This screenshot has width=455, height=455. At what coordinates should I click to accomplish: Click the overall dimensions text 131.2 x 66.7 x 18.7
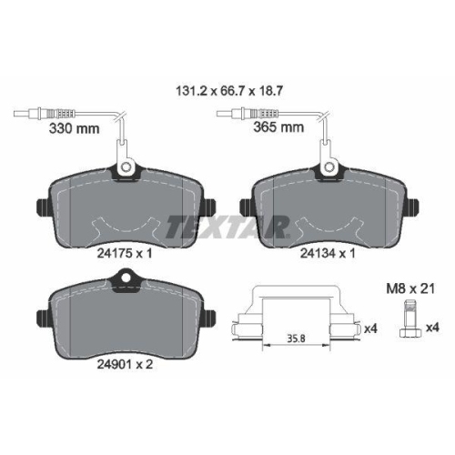pyautogui.click(x=229, y=91)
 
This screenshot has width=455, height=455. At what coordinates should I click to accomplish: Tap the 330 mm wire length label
pyautogui.click(x=74, y=128)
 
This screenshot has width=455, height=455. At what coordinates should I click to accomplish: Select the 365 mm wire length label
pyautogui.click(x=278, y=127)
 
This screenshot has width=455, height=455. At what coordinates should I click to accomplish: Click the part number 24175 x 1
pyautogui.click(x=125, y=253)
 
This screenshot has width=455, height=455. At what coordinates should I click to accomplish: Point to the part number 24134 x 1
pyautogui.click(x=328, y=253)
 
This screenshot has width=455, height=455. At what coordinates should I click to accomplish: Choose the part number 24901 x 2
pyautogui.click(x=125, y=364)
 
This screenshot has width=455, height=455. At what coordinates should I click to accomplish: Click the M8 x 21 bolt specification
pyautogui.click(x=410, y=288)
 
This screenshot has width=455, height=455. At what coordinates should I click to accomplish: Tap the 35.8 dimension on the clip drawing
pyautogui.click(x=296, y=339)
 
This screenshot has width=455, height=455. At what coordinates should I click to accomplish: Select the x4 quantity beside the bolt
pyautogui.click(x=432, y=328)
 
